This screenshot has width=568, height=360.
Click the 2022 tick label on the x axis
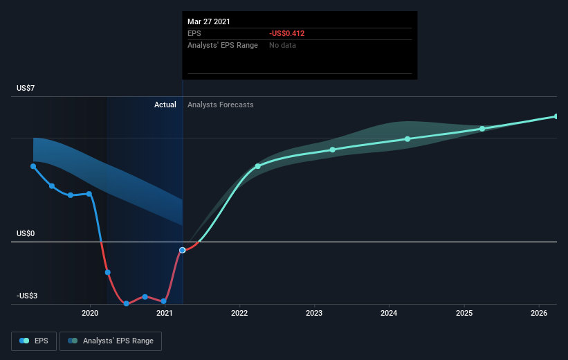click(239, 313)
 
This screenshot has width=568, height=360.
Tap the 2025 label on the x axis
click(464, 313)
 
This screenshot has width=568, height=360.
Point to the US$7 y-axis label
click(26, 88)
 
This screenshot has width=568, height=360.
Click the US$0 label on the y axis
click(26, 233)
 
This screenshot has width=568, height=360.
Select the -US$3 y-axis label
click(27, 296)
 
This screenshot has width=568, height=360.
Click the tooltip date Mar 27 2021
click(209, 21)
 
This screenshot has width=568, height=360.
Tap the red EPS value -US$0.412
click(286, 33)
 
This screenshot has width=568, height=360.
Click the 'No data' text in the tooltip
click(282, 45)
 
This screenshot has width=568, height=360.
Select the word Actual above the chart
click(165, 105)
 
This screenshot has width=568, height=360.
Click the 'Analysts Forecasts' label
click(220, 105)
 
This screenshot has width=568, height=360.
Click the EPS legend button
click(34, 341)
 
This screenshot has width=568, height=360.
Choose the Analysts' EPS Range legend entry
click(111, 341)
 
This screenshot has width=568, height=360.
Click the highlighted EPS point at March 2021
click(183, 250)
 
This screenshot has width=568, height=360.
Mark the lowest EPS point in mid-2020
click(127, 303)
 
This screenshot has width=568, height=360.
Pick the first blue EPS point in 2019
click(33, 166)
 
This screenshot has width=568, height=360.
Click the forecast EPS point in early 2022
click(257, 166)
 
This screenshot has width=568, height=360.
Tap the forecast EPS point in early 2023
click(333, 150)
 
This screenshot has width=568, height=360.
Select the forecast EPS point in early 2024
click(407, 139)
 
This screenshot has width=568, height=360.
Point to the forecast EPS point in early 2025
click(482, 129)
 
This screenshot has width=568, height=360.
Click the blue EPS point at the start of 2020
click(89, 194)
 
